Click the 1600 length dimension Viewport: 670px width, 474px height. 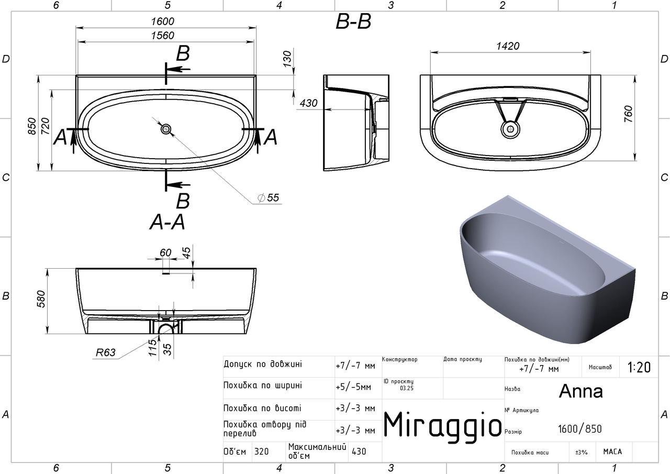[x=162, y=21]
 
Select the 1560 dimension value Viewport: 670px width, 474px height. [x=162, y=36]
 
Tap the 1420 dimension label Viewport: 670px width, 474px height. [x=508, y=46]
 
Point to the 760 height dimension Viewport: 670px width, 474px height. [x=629, y=114]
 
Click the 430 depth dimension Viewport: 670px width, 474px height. [x=308, y=103]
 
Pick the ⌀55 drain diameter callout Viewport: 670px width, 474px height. [x=269, y=198]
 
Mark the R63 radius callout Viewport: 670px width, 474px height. [x=105, y=352]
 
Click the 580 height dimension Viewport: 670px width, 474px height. [x=41, y=299]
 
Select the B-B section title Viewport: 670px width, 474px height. [x=353, y=22]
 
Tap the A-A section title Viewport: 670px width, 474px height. [x=167, y=223]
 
